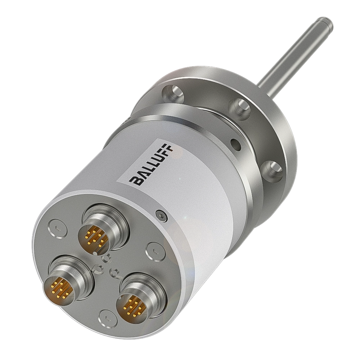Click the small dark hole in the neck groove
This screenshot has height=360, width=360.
[x=235, y=144]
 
